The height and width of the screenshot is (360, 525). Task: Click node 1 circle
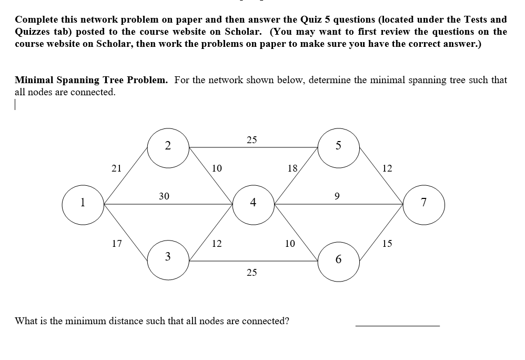(x=83, y=204)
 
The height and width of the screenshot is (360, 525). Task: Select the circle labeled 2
(x=168, y=146)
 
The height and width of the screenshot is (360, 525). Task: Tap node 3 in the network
(x=168, y=257)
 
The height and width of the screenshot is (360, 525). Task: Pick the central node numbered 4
(x=253, y=203)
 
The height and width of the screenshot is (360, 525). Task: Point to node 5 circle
(x=338, y=146)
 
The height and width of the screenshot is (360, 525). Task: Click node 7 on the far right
(x=424, y=204)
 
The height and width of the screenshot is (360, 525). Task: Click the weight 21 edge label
(x=117, y=168)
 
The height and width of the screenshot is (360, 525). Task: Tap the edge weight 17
(x=117, y=244)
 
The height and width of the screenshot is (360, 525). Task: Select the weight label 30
(x=164, y=196)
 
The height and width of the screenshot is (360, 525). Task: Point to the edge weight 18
(x=292, y=168)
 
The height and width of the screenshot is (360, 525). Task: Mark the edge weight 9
(x=338, y=196)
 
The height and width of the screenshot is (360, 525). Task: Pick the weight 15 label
(x=387, y=244)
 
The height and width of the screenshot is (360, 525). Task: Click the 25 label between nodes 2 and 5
(x=252, y=139)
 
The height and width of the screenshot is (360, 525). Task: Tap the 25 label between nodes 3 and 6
(x=252, y=273)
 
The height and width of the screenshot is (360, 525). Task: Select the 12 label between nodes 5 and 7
(x=387, y=168)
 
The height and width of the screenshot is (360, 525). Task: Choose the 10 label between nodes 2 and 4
(x=216, y=168)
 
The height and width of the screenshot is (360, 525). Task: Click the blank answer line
(x=397, y=324)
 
